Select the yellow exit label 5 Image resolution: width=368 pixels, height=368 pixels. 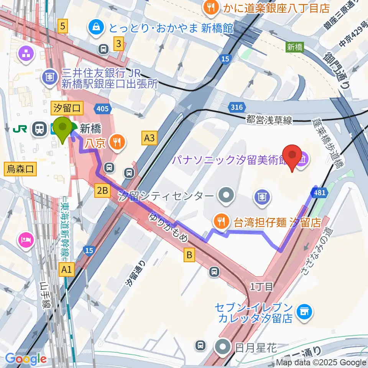click(x=62, y=26)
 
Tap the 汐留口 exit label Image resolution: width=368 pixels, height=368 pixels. click(x=67, y=108)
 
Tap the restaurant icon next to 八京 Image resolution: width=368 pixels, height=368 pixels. click(x=115, y=143)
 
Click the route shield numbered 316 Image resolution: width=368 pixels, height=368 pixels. click(x=237, y=108)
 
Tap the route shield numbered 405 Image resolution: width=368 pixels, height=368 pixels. click(x=102, y=109)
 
